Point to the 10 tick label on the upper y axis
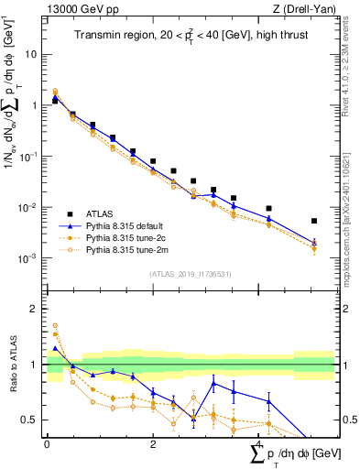click(x=30, y=54)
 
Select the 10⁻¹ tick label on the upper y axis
click(x=28, y=156)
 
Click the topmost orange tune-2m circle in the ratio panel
click(x=55, y=324)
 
